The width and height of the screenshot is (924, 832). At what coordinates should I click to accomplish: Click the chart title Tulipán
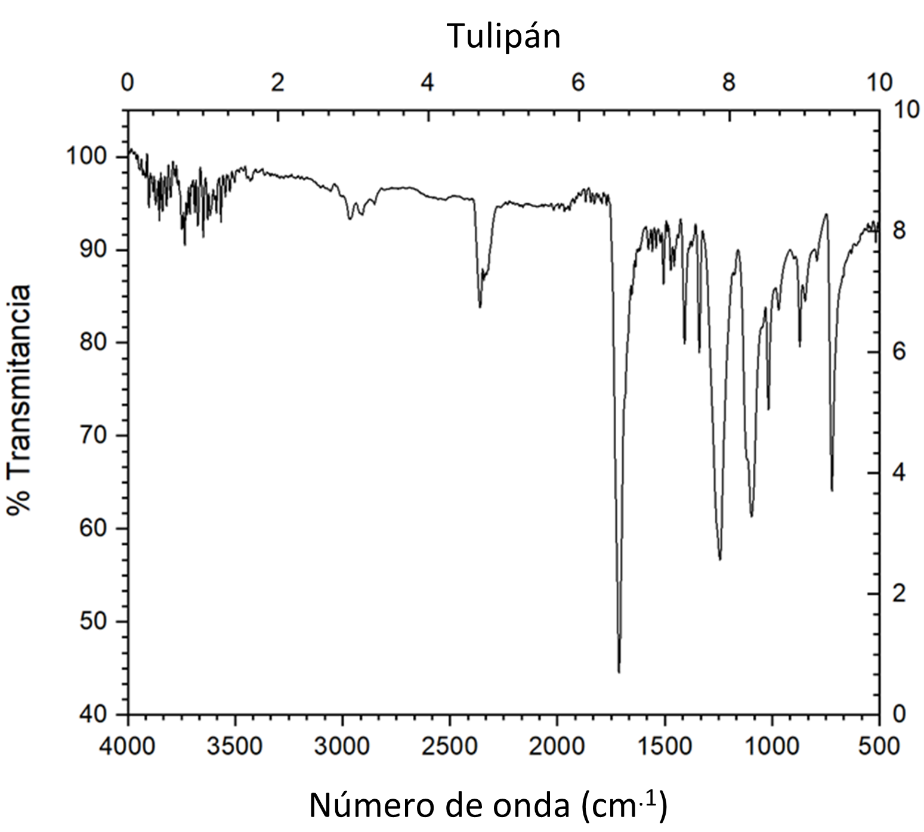click(504, 37)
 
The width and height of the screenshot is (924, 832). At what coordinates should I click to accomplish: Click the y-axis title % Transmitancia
click(20, 399)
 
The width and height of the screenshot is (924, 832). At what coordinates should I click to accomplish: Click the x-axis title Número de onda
click(488, 806)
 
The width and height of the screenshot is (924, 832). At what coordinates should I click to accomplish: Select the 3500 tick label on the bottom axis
click(235, 746)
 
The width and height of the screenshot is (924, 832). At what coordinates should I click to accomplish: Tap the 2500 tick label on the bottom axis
click(450, 746)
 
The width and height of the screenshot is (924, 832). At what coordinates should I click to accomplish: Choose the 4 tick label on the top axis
click(428, 83)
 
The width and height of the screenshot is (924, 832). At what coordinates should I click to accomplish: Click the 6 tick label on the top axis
click(578, 83)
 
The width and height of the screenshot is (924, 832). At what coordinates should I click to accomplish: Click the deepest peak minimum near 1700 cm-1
click(619, 672)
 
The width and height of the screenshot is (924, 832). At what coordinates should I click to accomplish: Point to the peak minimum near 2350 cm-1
click(480, 307)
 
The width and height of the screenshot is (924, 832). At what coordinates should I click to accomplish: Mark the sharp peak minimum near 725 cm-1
click(832, 490)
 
